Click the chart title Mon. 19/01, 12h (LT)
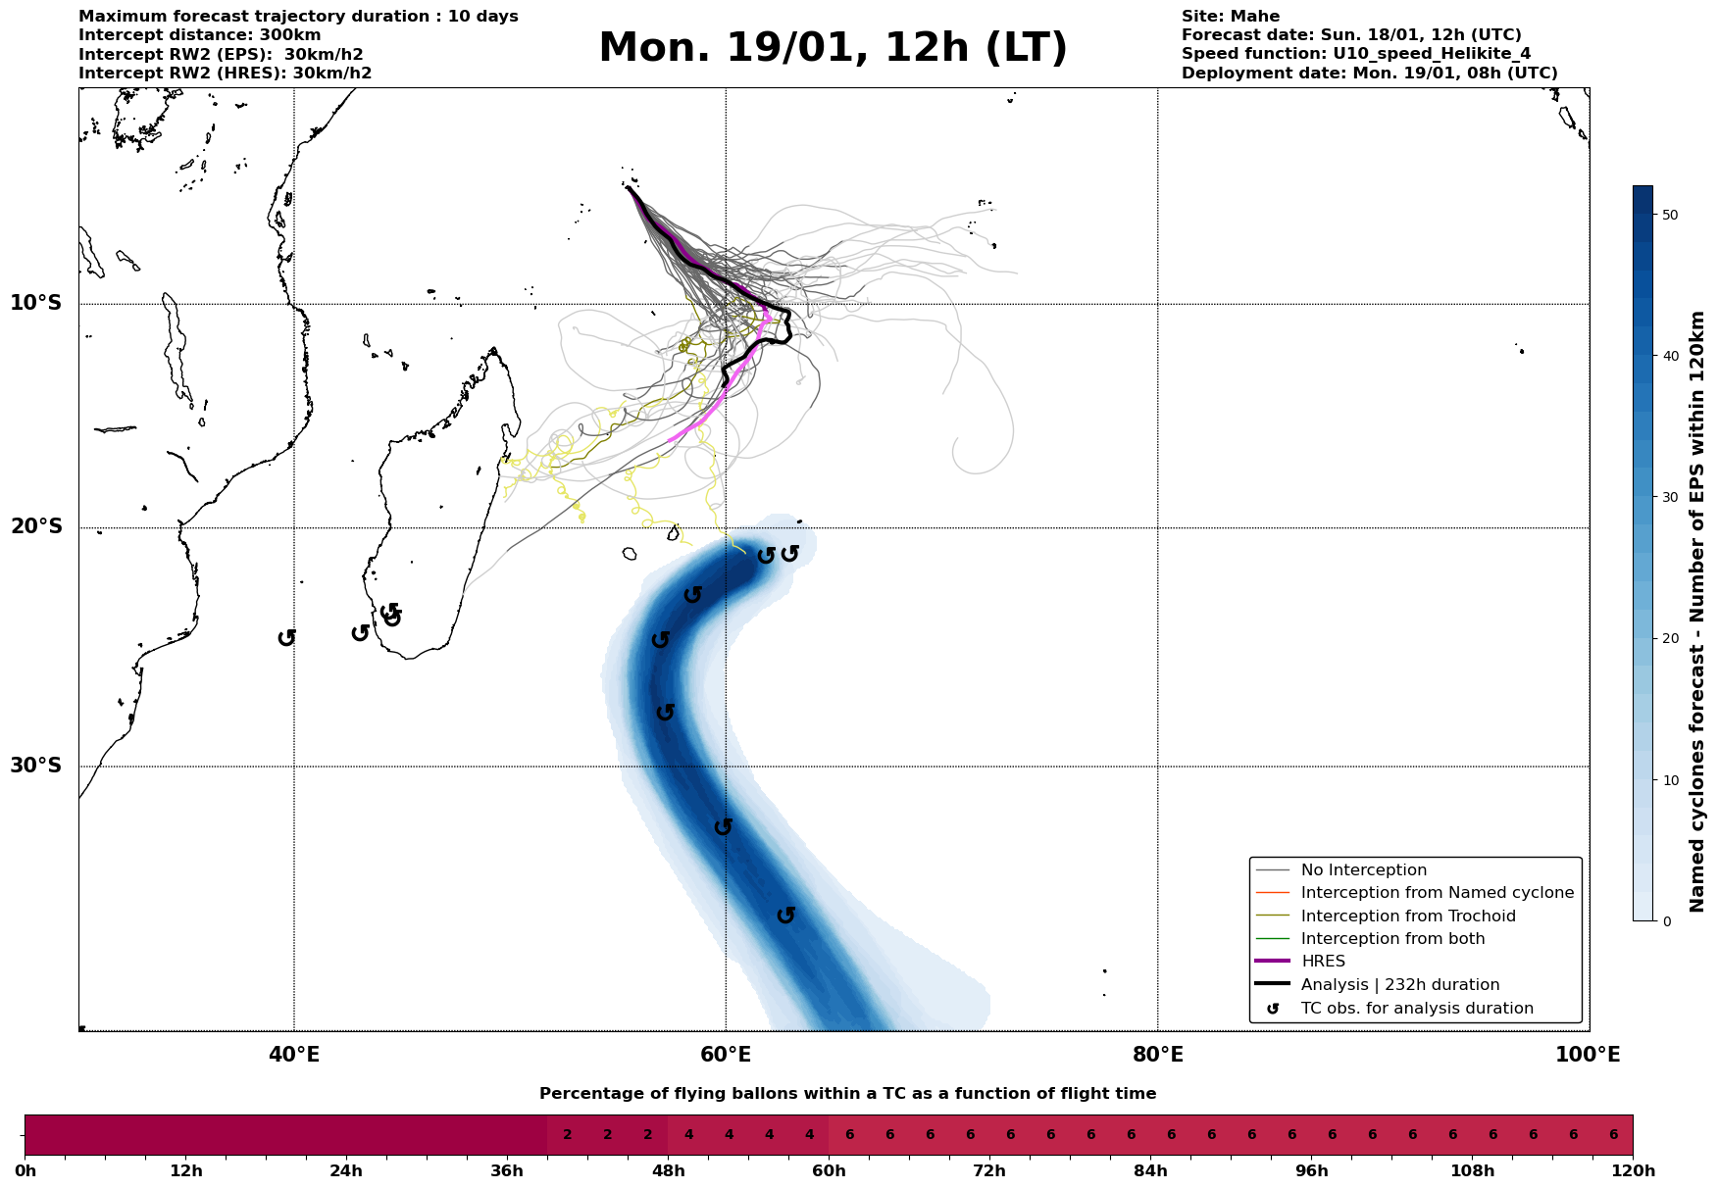tap(833, 48)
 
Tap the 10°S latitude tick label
tap(36, 302)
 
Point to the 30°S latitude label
tap(36, 765)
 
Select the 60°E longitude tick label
tap(726, 1055)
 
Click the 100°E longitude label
tap(1589, 1055)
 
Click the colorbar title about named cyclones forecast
tap(1697, 611)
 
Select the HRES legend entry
tap(1323, 962)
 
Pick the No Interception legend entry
tap(1363, 870)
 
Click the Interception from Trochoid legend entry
tap(1407, 917)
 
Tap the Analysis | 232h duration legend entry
tap(1399, 985)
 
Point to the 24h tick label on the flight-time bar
tap(346, 1171)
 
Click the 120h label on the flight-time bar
tap(1632, 1171)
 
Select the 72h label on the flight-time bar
tap(988, 1171)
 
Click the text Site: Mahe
tap(1230, 17)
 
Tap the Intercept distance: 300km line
tap(199, 35)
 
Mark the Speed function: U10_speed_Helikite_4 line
tap(1355, 54)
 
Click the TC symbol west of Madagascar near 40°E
tap(286, 637)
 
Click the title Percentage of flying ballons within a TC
tap(847, 1094)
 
